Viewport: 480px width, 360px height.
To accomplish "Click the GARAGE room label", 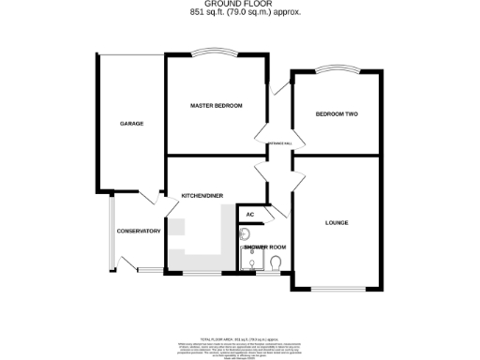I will click(130, 124).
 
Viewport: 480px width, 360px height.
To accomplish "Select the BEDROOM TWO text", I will click(337, 114).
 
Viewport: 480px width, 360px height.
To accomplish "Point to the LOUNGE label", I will click(337, 222).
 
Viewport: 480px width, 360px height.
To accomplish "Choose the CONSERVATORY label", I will click(138, 232).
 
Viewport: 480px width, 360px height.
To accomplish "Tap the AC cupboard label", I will click(248, 215).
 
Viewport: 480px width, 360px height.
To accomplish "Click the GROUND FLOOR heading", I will click(241, 5).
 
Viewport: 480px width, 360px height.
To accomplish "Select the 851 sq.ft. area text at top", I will click(241, 14).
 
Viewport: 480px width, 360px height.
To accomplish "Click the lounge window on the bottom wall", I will click(337, 288).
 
